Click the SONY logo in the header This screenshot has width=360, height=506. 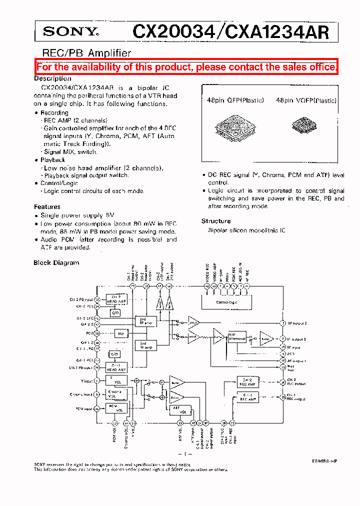[x=69, y=32]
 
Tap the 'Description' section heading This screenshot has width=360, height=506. [x=52, y=78]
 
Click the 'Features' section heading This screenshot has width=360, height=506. [x=47, y=206]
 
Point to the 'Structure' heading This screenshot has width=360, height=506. [x=216, y=221]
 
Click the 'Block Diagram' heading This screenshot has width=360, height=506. [x=56, y=262]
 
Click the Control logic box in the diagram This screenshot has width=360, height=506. [x=226, y=302]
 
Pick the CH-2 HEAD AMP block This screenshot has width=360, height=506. [x=116, y=300]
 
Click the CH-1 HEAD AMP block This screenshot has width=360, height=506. [x=116, y=367]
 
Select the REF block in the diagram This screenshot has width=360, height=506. [x=120, y=333]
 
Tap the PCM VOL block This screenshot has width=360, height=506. [x=117, y=408]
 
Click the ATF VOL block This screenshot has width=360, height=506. [x=180, y=410]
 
